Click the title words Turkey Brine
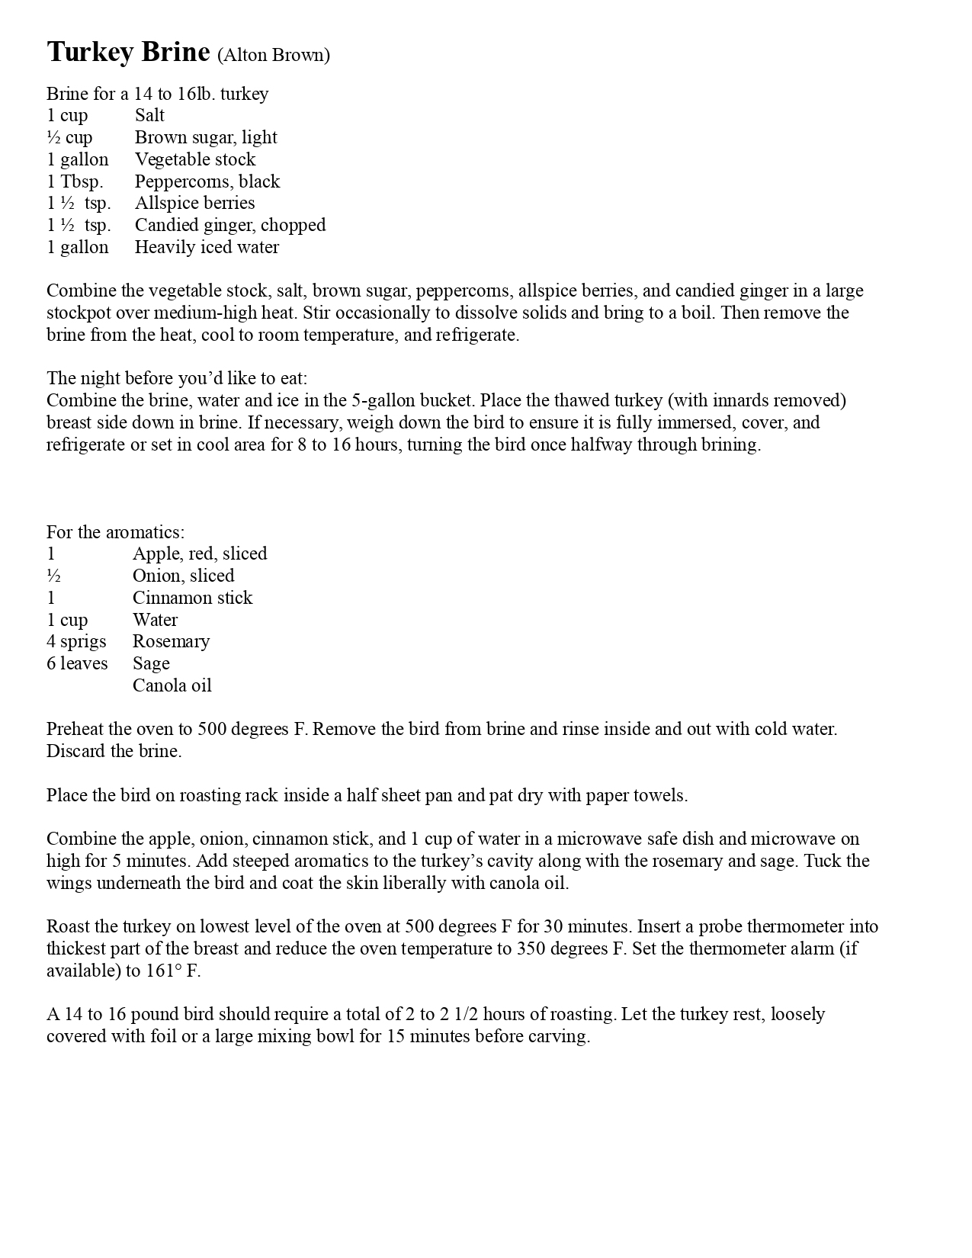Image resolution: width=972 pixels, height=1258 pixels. point(128,52)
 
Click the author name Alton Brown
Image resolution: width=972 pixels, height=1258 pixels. point(274,55)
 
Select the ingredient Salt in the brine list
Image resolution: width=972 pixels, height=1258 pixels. point(149,115)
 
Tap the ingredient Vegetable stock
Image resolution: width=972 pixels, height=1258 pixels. point(195,159)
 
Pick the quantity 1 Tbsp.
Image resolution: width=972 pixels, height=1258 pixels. point(75,181)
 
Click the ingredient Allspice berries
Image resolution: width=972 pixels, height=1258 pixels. point(194,203)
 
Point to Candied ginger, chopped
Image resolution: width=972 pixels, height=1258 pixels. point(230,225)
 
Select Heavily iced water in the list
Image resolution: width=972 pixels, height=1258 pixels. point(207,247)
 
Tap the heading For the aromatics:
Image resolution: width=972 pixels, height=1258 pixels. point(115,532)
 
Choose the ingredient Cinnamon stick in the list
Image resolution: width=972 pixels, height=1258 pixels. point(192,598)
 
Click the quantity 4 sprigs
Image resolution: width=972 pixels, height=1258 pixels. point(76,641)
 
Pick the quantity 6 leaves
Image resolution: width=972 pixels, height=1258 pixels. point(77,663)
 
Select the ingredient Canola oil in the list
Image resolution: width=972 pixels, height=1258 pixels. point(172,685)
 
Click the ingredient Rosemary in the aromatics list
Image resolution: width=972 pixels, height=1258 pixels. point(171,641)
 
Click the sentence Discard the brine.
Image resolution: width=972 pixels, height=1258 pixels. point(114,751)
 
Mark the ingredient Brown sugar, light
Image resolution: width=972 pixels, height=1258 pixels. point(206,137)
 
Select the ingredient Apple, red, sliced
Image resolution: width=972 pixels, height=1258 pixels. point(200,554)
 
